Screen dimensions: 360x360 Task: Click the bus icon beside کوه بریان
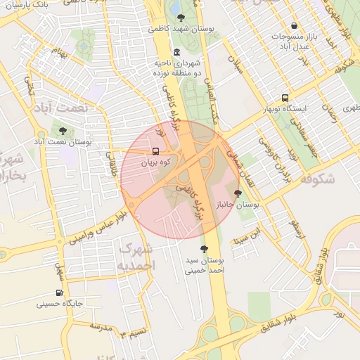pos(155,151)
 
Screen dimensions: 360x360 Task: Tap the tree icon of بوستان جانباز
pos(237,193)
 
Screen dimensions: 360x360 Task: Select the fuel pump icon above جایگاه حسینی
pos(59,293)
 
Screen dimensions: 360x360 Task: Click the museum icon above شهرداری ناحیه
pos(176,52)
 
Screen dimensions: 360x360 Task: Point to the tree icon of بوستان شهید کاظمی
pos(182,18)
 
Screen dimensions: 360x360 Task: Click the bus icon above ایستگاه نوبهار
pos(285,98)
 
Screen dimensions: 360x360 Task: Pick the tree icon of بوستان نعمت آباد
pos(63,131)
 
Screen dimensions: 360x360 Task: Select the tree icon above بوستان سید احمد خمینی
pos(205,249)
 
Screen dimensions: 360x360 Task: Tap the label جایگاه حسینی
pos(60,304)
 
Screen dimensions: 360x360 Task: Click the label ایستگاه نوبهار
pos(287,110)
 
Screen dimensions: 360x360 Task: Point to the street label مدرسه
pos(101,328)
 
